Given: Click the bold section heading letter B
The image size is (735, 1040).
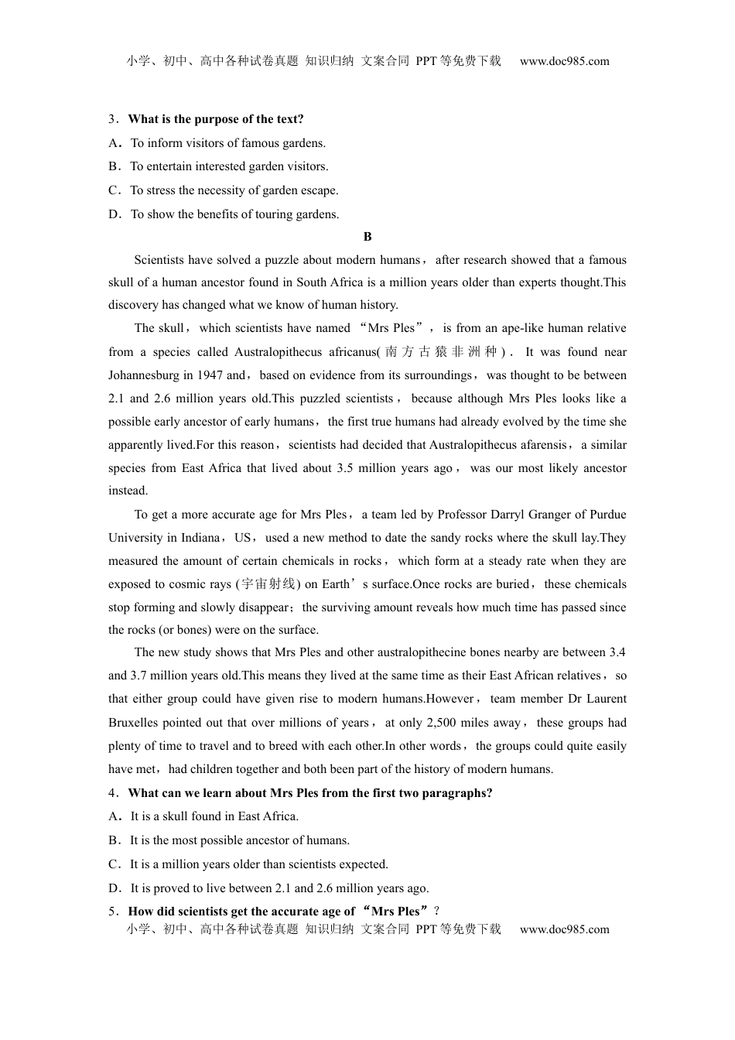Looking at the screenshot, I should [x=367, y=237].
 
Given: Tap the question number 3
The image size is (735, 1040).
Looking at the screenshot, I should [x=111, y=119].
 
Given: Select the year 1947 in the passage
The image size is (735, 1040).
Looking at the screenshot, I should [x=209, y=375].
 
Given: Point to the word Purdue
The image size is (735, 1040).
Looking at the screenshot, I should [x=607, y=515].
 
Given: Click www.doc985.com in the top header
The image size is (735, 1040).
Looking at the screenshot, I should [x=564, y=61].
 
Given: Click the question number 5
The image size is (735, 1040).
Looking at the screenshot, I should [x=111, y=912].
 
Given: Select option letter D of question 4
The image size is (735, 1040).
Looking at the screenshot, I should [x=115, y=888].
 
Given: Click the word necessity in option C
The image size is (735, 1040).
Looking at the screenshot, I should [x=228, y=190].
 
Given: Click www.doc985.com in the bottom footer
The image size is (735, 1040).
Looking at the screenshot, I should [x=564, y=929].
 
